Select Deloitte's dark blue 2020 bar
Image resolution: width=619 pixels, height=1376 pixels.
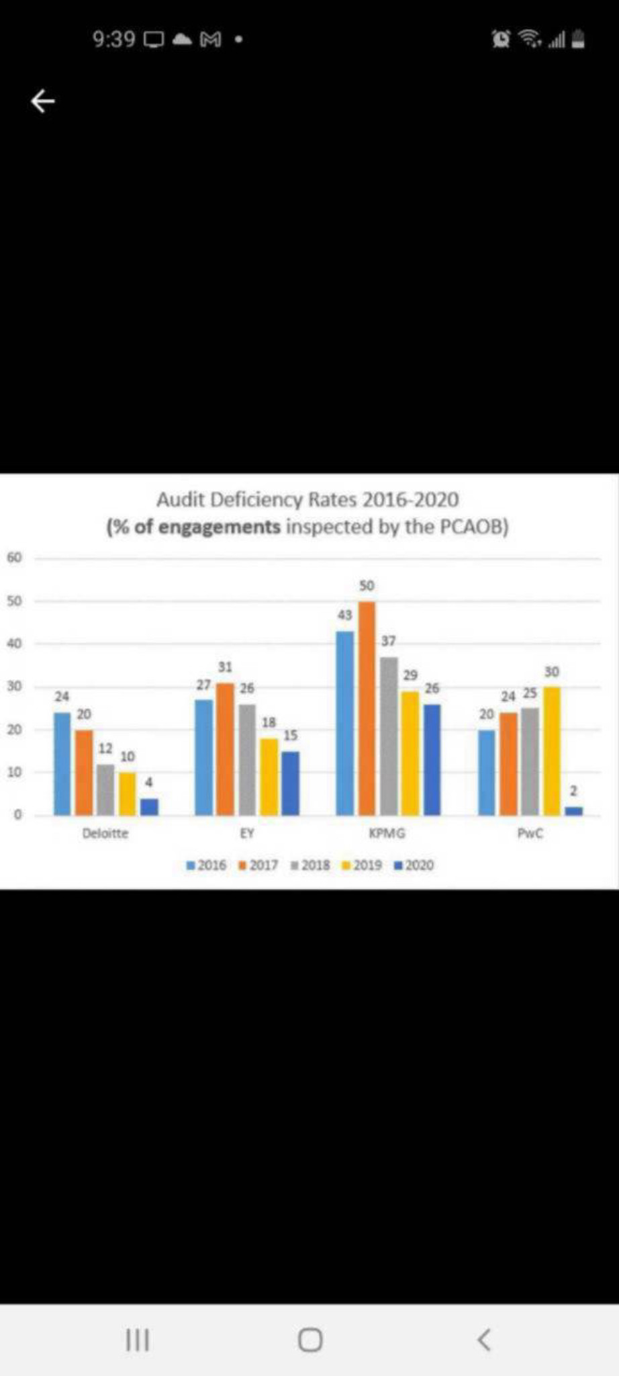149,806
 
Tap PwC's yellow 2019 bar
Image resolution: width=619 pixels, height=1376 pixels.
551,750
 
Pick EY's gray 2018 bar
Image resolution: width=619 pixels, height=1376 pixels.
247,759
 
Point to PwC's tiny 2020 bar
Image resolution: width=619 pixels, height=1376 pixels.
573,811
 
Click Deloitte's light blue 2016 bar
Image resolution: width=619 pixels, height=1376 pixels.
62,763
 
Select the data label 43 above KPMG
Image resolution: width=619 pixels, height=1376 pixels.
344,615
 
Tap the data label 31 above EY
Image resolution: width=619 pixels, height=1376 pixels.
225,667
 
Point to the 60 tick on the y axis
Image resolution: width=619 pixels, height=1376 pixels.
15,558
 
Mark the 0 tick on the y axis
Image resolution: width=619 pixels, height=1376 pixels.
18,815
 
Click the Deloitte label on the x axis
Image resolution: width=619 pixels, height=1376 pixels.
105,834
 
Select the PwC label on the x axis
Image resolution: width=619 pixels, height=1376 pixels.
530,834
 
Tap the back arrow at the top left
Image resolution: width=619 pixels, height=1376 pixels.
43,101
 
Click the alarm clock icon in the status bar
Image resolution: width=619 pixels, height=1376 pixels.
501,40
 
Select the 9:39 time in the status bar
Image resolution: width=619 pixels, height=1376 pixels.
113,40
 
